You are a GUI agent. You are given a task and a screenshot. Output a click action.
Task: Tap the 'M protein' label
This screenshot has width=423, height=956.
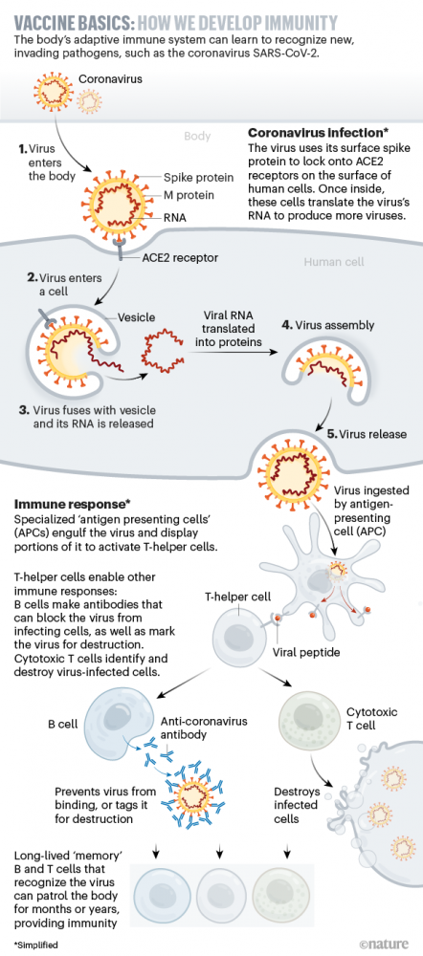pyautogui.click(x=189, y=194)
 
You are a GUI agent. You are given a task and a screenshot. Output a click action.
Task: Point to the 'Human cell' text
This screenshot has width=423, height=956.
pyautogui.click(x=333, y=262)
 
